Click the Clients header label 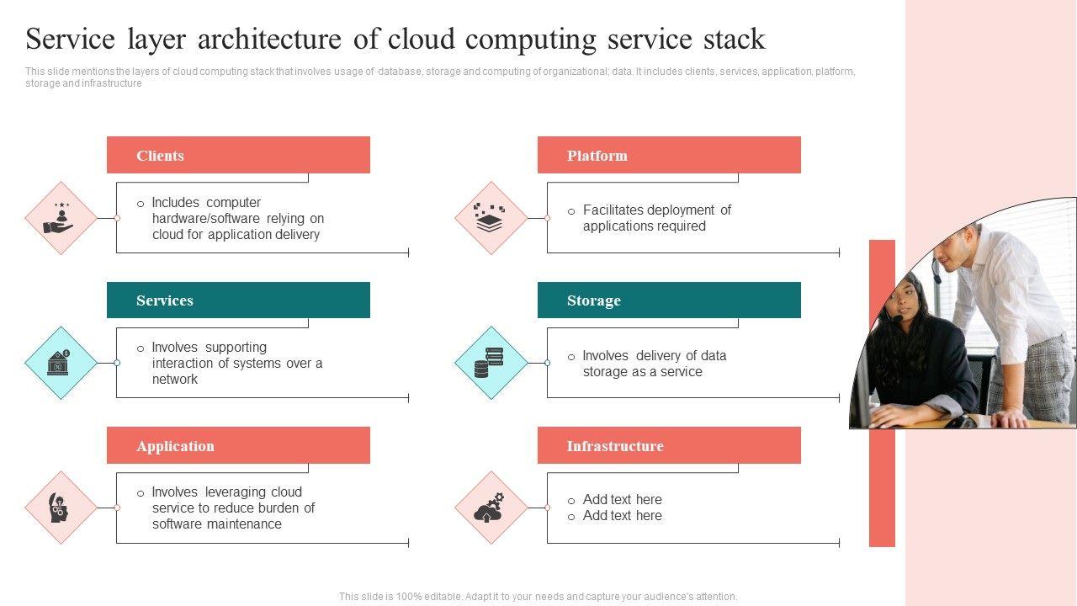(160, 156)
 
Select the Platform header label (597, 156)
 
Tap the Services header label (164, 300)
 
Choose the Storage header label (594, 300)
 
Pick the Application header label (175, 446)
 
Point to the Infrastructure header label (615, 446)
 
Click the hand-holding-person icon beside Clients (60, 218)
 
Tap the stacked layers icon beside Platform (490, 218)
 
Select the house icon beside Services (59, 363)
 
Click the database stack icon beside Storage (489, 363)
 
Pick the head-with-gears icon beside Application (59, 508)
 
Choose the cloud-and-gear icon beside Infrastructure (489, 508)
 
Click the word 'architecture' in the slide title (269, 39)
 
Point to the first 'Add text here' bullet (622, 499)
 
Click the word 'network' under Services (174, 379)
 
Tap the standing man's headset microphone (936, 272)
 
